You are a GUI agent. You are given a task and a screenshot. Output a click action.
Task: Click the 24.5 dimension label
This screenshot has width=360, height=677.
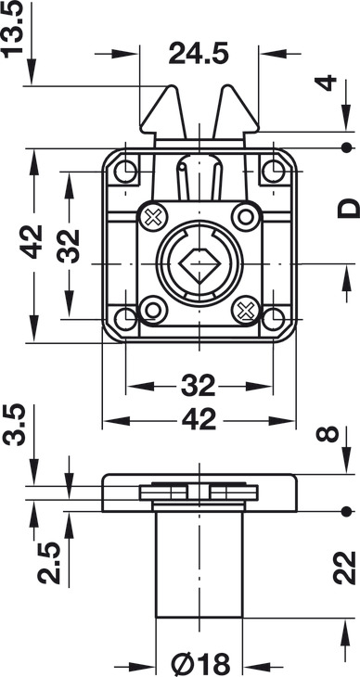click(x=199, y=53)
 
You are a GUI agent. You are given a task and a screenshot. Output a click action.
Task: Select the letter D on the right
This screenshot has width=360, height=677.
click(x=348, y=208)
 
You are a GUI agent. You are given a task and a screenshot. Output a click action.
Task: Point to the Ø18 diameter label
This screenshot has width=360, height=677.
click(x=200, y=664)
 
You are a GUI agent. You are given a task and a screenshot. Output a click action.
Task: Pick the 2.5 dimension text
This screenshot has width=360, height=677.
click(x=48, y=563)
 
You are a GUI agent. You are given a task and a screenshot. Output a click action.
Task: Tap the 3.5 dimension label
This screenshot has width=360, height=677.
click(x=13, y=425)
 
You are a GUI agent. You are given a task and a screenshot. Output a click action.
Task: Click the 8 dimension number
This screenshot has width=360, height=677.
click(x=328, y=434)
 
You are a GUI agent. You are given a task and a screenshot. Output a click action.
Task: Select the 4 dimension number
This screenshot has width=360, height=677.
click(x=328, y=83)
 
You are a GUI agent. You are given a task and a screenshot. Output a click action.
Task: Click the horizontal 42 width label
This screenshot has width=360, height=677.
click(x=199, y=420)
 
